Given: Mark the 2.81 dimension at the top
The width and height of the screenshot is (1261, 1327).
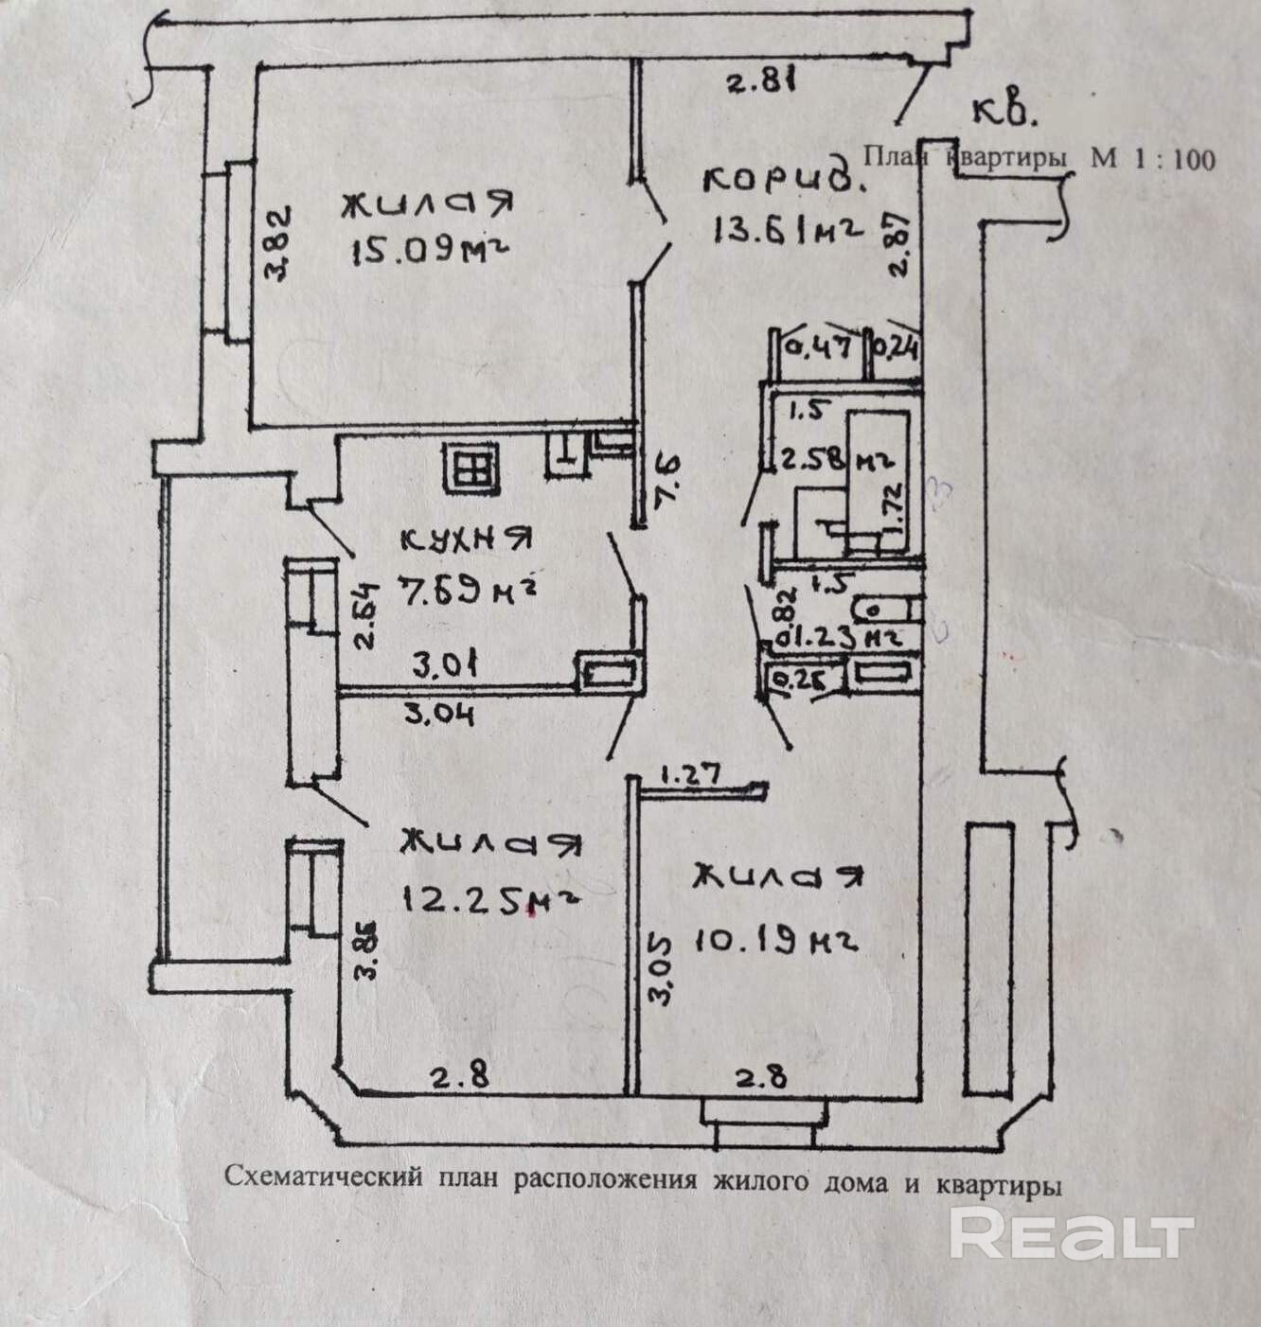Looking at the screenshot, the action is [x=758, y=82].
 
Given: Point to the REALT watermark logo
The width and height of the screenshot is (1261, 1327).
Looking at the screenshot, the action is [x=1070, y=1233].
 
